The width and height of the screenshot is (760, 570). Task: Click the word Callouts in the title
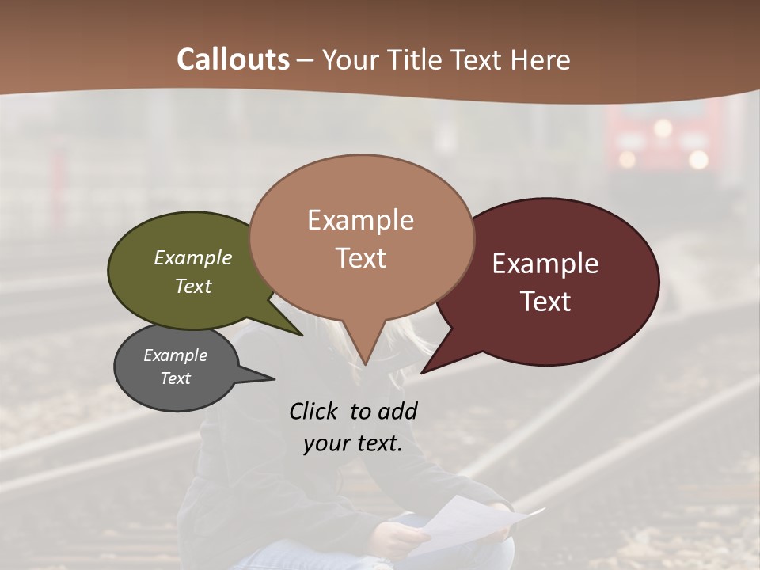(x=233, y=59)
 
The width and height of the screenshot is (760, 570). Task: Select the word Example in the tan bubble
(x=360, y=220)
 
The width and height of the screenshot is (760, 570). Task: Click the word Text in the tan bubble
(x=360, y=258)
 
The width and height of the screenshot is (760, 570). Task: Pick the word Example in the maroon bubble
(x=545, y=264)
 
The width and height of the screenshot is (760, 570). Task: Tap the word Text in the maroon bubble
(x=545, y=302)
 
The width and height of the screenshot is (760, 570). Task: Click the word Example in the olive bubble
(x=193, y=257)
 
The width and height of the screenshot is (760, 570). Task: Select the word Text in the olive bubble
(x=193, y=286)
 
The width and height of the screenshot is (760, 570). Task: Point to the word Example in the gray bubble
(x=175, y=355)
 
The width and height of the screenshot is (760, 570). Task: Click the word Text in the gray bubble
(x=175, y=378)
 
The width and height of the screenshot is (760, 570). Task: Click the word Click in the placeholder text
(x=316, y=411)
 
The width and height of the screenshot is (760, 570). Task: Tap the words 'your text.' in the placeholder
(x=353, y=443)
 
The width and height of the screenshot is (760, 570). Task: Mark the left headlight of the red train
(x=627, y=159)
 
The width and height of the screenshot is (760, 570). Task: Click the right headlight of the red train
(x=697, y=159)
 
